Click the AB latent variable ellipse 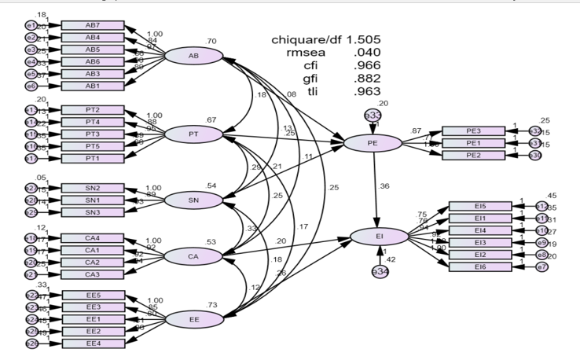[x=193, y=56]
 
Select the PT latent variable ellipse [x=193, y=134]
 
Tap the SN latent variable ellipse [x=193, y=200]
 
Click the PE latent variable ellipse [x=373, y=143]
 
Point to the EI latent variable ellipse [x=378, y=235]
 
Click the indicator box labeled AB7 [x=93, y=25]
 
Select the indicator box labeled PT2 [x=93, y=110]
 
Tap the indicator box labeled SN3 [x=93, y=212]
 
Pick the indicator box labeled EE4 [x=93, y=343]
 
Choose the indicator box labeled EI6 [x=480, y=267]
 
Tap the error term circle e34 [x=380, y=271]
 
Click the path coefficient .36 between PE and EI [x=384, y=186]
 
